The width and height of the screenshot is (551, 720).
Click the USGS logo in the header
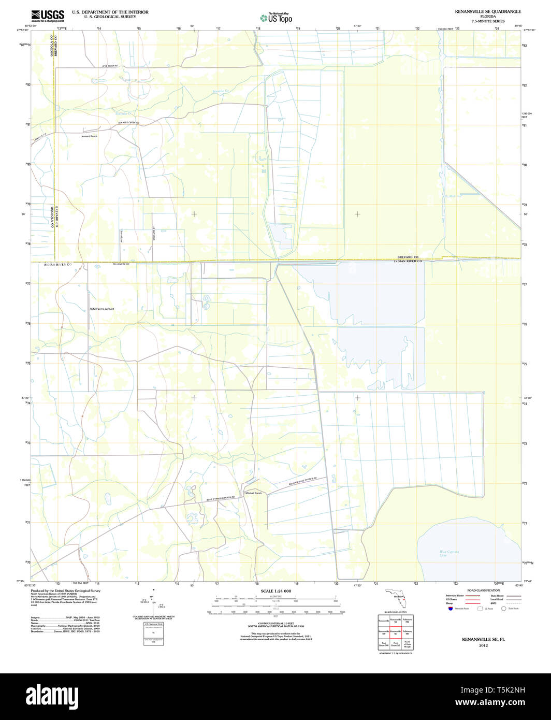pyautogui.click(x=48, y=15)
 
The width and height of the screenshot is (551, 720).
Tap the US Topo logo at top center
pyautogui.click(x=277, y=18)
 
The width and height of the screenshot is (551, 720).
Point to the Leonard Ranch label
pyautogui.click(x=89, y=136)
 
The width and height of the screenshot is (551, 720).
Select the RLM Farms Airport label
pyautogui.click(x=102, y=309)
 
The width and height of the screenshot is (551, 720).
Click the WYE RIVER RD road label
pyautogui.click(x=110, y=66)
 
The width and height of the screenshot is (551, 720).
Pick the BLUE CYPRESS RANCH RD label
pyautogui.click(x=221, y=498)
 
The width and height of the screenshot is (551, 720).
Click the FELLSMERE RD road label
pyautogui.click(x=120, y=264)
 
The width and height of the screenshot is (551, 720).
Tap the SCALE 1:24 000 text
pyautogui.click(x=276, y=591)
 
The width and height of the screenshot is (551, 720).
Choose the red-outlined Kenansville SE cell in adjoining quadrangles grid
pyautogui.click(x=396, y=632)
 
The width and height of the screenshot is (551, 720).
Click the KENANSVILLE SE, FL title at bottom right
pyautogui.click(x=483, y=640)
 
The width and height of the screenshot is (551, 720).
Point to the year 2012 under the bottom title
pyautogui.click(x=483, y=646)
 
